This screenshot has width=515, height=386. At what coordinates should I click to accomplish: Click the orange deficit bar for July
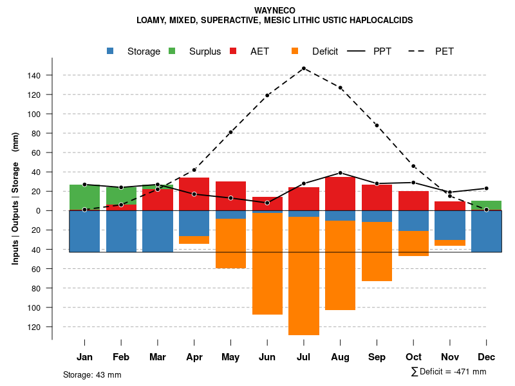(304, 276)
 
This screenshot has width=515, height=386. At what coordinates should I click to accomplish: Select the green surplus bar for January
(84, 197)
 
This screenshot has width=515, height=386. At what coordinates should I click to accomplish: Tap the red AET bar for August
(341, 194)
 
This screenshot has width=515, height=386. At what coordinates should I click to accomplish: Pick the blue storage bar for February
(121, 231)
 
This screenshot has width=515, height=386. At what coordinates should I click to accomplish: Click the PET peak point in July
(304, 68)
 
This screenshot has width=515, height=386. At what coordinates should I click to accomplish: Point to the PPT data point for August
(341, 173)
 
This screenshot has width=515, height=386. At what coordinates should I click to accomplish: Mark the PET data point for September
(377, 125)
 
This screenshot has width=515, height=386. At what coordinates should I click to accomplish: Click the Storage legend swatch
(111, 51)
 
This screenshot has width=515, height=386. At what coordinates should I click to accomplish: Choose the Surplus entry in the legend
(205, 51)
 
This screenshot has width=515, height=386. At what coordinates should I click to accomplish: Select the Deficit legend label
(324, 51)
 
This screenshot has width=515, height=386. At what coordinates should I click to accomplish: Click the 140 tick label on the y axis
(34, 76)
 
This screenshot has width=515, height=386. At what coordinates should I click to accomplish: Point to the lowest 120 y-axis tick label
(34, 327)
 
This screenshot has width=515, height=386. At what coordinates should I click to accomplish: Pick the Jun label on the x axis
(267, 357)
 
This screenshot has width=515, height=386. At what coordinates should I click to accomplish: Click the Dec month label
(487, 357)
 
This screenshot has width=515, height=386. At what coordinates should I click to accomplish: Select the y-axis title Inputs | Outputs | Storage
(15, 198)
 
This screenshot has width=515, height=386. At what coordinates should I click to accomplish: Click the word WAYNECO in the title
(275, 11)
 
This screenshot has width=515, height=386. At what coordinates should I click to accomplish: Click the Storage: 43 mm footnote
(92, 374)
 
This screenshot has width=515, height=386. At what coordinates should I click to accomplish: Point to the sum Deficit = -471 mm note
(449, 372)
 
